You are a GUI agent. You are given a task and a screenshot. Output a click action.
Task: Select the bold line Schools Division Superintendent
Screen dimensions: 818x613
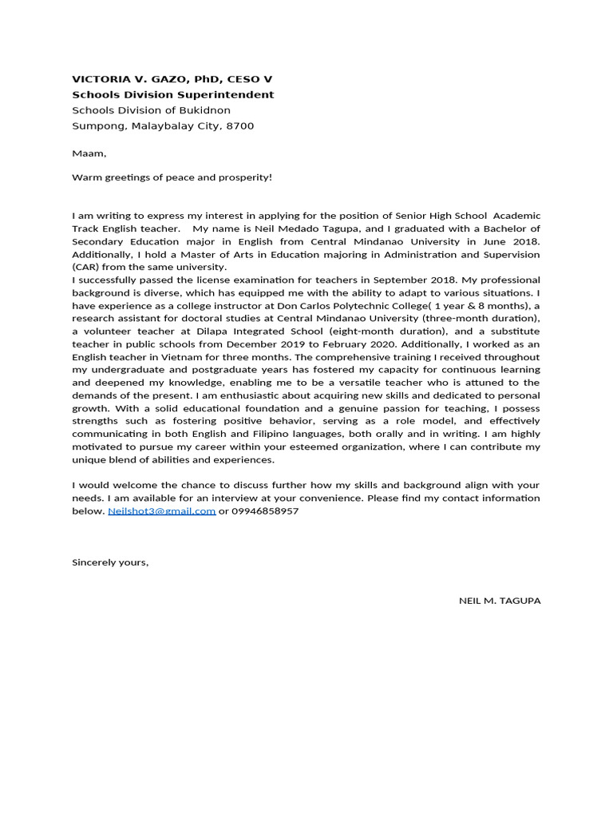point(172,94)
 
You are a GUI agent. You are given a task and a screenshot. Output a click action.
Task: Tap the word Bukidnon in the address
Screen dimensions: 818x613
point(203,110)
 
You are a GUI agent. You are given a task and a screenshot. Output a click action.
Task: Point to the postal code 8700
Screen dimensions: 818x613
point(240,125)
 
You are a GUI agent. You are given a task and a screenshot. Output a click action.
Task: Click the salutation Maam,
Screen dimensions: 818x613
point(89,153)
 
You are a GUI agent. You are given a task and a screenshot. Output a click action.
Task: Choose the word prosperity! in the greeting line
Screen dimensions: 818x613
point(244,177)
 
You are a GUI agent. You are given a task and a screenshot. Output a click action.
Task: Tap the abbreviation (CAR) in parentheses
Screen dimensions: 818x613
point(85,267)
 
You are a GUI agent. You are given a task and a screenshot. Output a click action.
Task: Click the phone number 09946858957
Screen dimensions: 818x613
point(266,511)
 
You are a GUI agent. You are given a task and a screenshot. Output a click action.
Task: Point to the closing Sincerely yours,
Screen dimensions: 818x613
point(110,562)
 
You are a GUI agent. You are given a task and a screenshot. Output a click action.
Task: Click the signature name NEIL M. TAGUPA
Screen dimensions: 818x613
point(500,601)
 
